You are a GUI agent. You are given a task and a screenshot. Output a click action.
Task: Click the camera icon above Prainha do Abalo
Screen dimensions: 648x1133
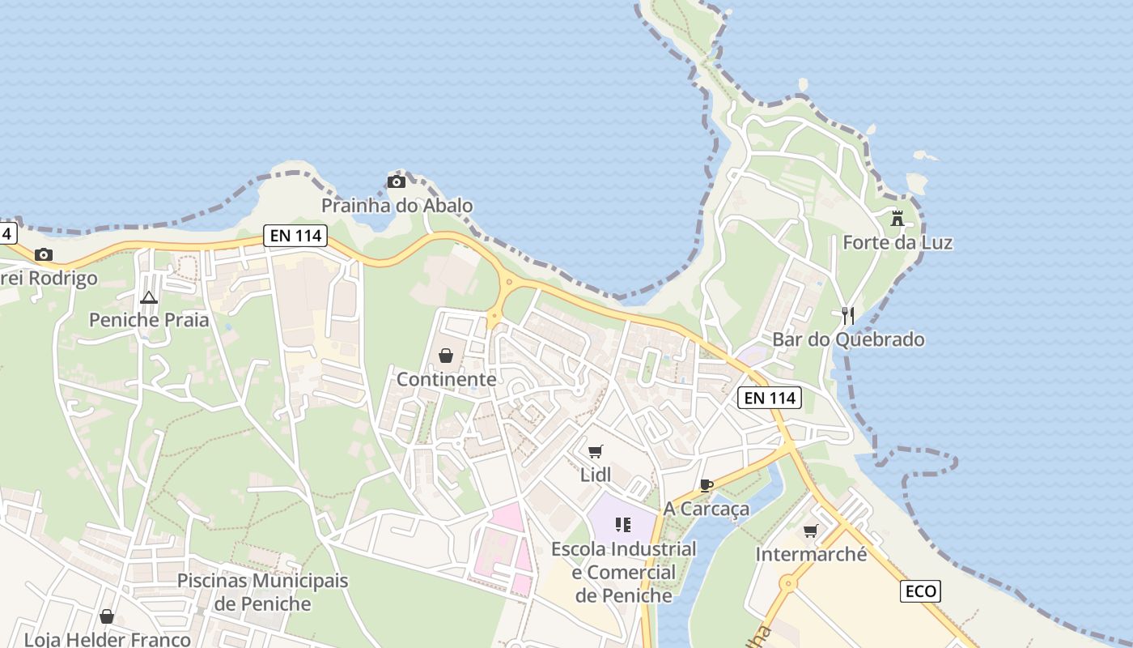point(397,181)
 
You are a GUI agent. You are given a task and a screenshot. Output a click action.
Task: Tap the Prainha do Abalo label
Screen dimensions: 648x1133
point(397,206)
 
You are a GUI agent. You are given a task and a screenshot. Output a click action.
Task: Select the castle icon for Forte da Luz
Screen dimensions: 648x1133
point(897,218)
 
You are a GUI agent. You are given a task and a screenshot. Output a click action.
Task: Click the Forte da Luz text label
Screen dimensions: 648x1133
point(897,242)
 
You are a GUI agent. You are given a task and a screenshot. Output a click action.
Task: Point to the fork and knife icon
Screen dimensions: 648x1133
point(848,315)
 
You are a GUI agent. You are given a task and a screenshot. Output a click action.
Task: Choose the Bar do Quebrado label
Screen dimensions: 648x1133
point(848,339)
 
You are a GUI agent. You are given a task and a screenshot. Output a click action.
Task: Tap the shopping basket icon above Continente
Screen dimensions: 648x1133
point(445,356)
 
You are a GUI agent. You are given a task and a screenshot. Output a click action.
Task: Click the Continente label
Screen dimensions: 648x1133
point(446,379)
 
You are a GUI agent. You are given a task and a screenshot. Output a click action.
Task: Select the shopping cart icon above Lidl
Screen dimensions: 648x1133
point(596,451)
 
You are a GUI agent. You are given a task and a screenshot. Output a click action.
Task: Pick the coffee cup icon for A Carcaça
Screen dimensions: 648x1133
point(707,485)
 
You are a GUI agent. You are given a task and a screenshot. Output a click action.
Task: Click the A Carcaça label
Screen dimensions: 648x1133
point(707,509)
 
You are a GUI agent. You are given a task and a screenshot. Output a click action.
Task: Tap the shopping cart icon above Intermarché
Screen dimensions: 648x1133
point(810,531)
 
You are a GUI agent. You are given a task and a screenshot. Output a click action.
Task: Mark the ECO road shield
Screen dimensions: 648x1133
point(920,591)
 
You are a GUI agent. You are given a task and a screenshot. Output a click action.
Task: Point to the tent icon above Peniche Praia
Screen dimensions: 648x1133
point(149,297)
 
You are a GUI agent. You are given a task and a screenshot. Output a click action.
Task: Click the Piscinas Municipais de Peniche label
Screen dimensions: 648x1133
point(262,592)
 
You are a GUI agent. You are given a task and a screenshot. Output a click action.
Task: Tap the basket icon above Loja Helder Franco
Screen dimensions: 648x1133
point(107,617)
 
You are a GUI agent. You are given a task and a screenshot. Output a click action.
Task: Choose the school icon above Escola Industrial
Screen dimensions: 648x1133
point(622,525)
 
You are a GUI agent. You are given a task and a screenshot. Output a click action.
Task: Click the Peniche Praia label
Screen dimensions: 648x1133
point(149,320)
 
